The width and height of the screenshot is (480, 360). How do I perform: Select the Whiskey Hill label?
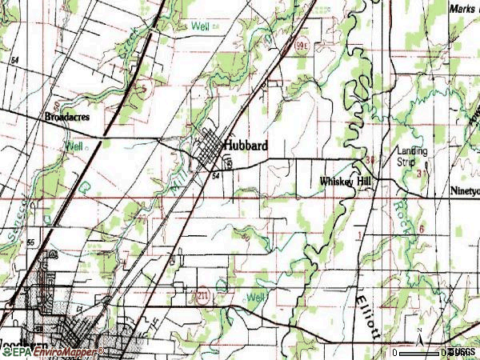[x=346, y=182]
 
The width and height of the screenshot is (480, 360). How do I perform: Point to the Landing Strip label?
[x=412, y=155]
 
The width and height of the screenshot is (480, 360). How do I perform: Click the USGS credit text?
[x=460, y=352]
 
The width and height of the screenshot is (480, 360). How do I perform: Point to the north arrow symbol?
[x=419, y=332]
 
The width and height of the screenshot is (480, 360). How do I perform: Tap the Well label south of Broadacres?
[x=74, y=146]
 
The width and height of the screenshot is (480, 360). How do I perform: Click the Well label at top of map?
[x=200, y=26]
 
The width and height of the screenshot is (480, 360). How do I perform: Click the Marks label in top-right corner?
[x=462, y=8]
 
